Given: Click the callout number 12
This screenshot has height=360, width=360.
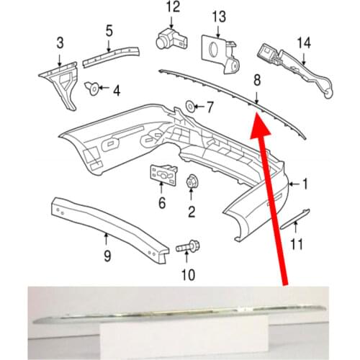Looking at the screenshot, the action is [173, 6].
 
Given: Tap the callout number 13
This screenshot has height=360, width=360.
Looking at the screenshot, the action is [219, 17].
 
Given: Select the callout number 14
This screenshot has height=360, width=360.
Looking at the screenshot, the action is [304, 42].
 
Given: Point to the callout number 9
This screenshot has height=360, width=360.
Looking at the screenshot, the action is [107, 256].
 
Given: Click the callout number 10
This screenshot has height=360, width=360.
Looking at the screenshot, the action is [189, 275].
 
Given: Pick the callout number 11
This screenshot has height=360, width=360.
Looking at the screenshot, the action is [297, 244].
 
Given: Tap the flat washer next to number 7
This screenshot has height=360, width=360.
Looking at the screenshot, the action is [190, 106].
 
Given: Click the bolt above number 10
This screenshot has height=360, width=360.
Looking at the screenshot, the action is [188, 247].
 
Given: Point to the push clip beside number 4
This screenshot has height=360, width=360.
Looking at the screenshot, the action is [92, 88].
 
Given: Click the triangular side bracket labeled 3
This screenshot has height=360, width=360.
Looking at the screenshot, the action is [60, 84].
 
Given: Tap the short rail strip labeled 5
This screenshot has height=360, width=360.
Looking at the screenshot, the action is [111, 56].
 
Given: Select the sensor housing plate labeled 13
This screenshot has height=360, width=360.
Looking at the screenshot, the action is [220, 54].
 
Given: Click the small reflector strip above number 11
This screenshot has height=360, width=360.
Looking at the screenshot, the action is [295, 218].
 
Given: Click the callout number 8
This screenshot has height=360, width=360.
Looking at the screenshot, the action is [257, 80].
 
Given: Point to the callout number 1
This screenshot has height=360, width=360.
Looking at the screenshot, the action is [305, 184].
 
